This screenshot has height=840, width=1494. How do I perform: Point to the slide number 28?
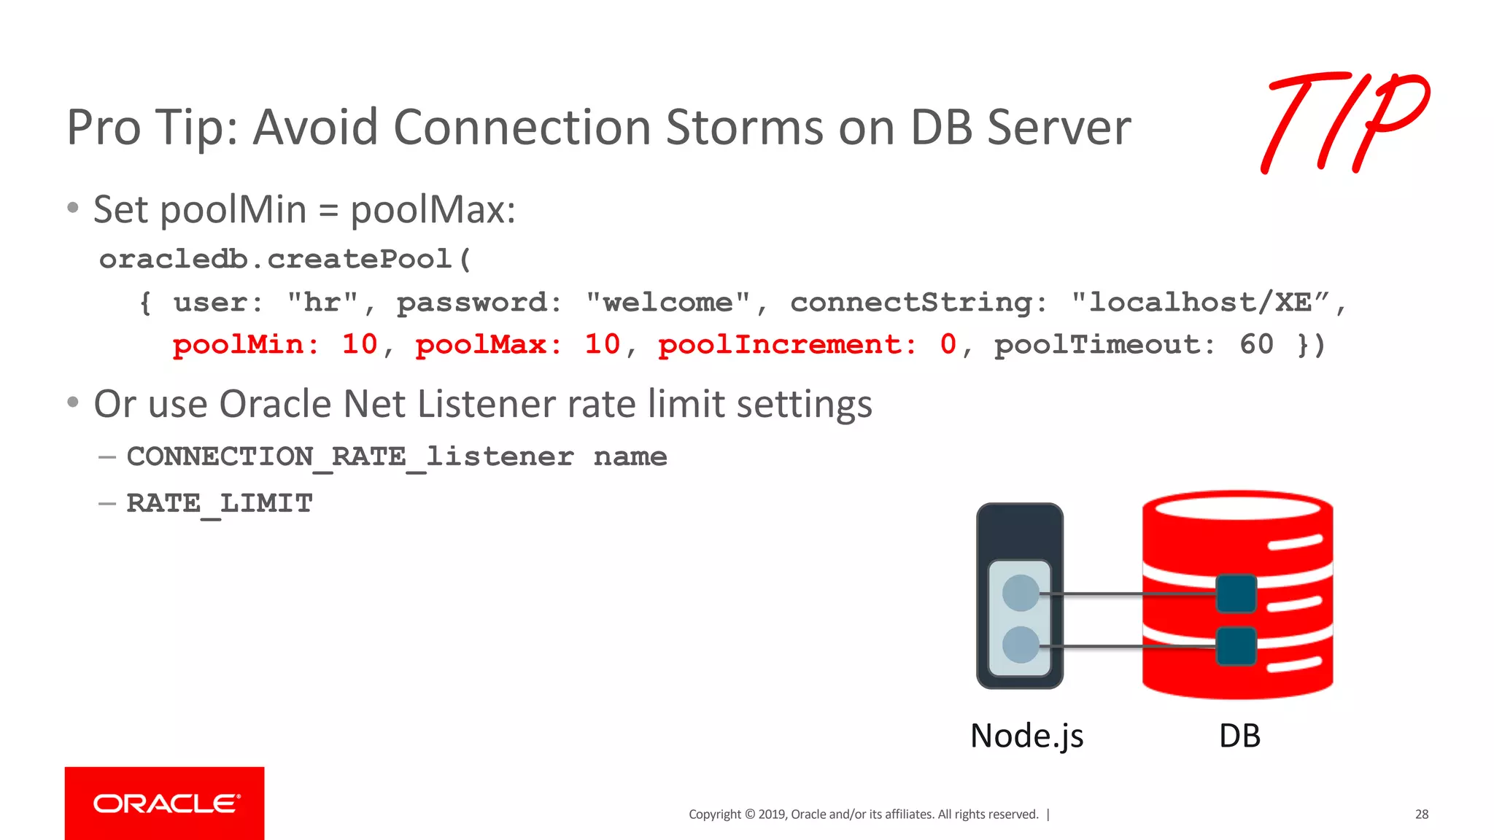(1421, 814)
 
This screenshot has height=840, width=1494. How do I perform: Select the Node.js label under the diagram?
(1026, 736)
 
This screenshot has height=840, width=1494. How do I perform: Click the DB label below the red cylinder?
(1239, 736)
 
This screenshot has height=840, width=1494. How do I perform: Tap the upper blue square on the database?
(1236, 594)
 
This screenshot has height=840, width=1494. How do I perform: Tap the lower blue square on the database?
(1236, 646)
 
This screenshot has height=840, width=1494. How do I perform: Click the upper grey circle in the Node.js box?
(1021, 593)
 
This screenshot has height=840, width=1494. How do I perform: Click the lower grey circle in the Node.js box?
(1021, 645)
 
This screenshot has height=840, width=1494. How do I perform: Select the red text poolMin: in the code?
(246, 345)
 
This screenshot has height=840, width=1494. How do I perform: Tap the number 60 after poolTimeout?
(1256, 345)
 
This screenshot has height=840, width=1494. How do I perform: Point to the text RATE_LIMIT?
(220, 504)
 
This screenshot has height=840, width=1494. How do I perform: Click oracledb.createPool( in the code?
(285, 260)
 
